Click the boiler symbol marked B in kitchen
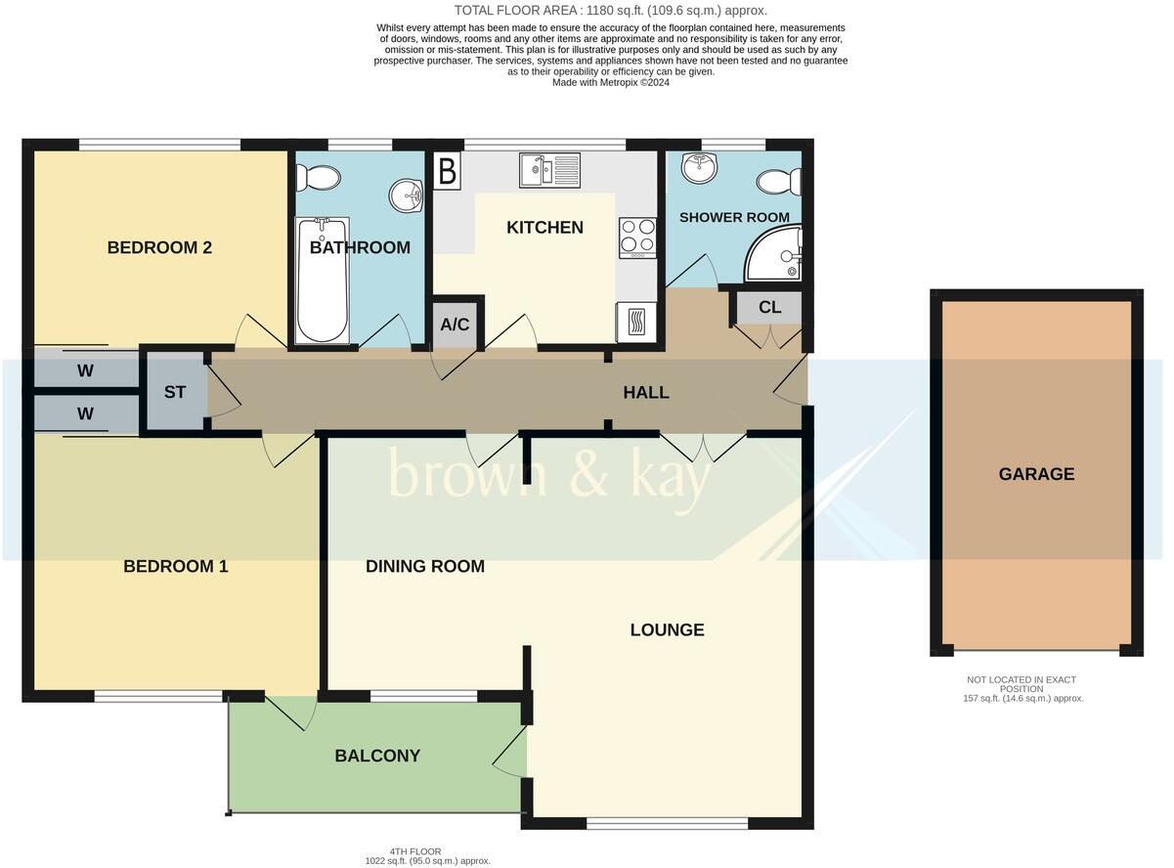(447, 172)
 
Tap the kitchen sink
(550, 170)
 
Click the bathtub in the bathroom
(322, 281)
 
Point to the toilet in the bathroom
(318, 178)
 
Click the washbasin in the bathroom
(405, 196)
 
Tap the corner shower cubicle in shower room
(776, 254)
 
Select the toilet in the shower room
(781, 182)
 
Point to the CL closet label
(769, 307)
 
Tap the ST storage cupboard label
(175, 393)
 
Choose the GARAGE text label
(1036, 474)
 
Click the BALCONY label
(377, 756)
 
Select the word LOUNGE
(667, 629)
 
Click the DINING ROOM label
(425, 566)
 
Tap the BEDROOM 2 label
(159, 247)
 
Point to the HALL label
(646, 392)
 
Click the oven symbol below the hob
(636, 321)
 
